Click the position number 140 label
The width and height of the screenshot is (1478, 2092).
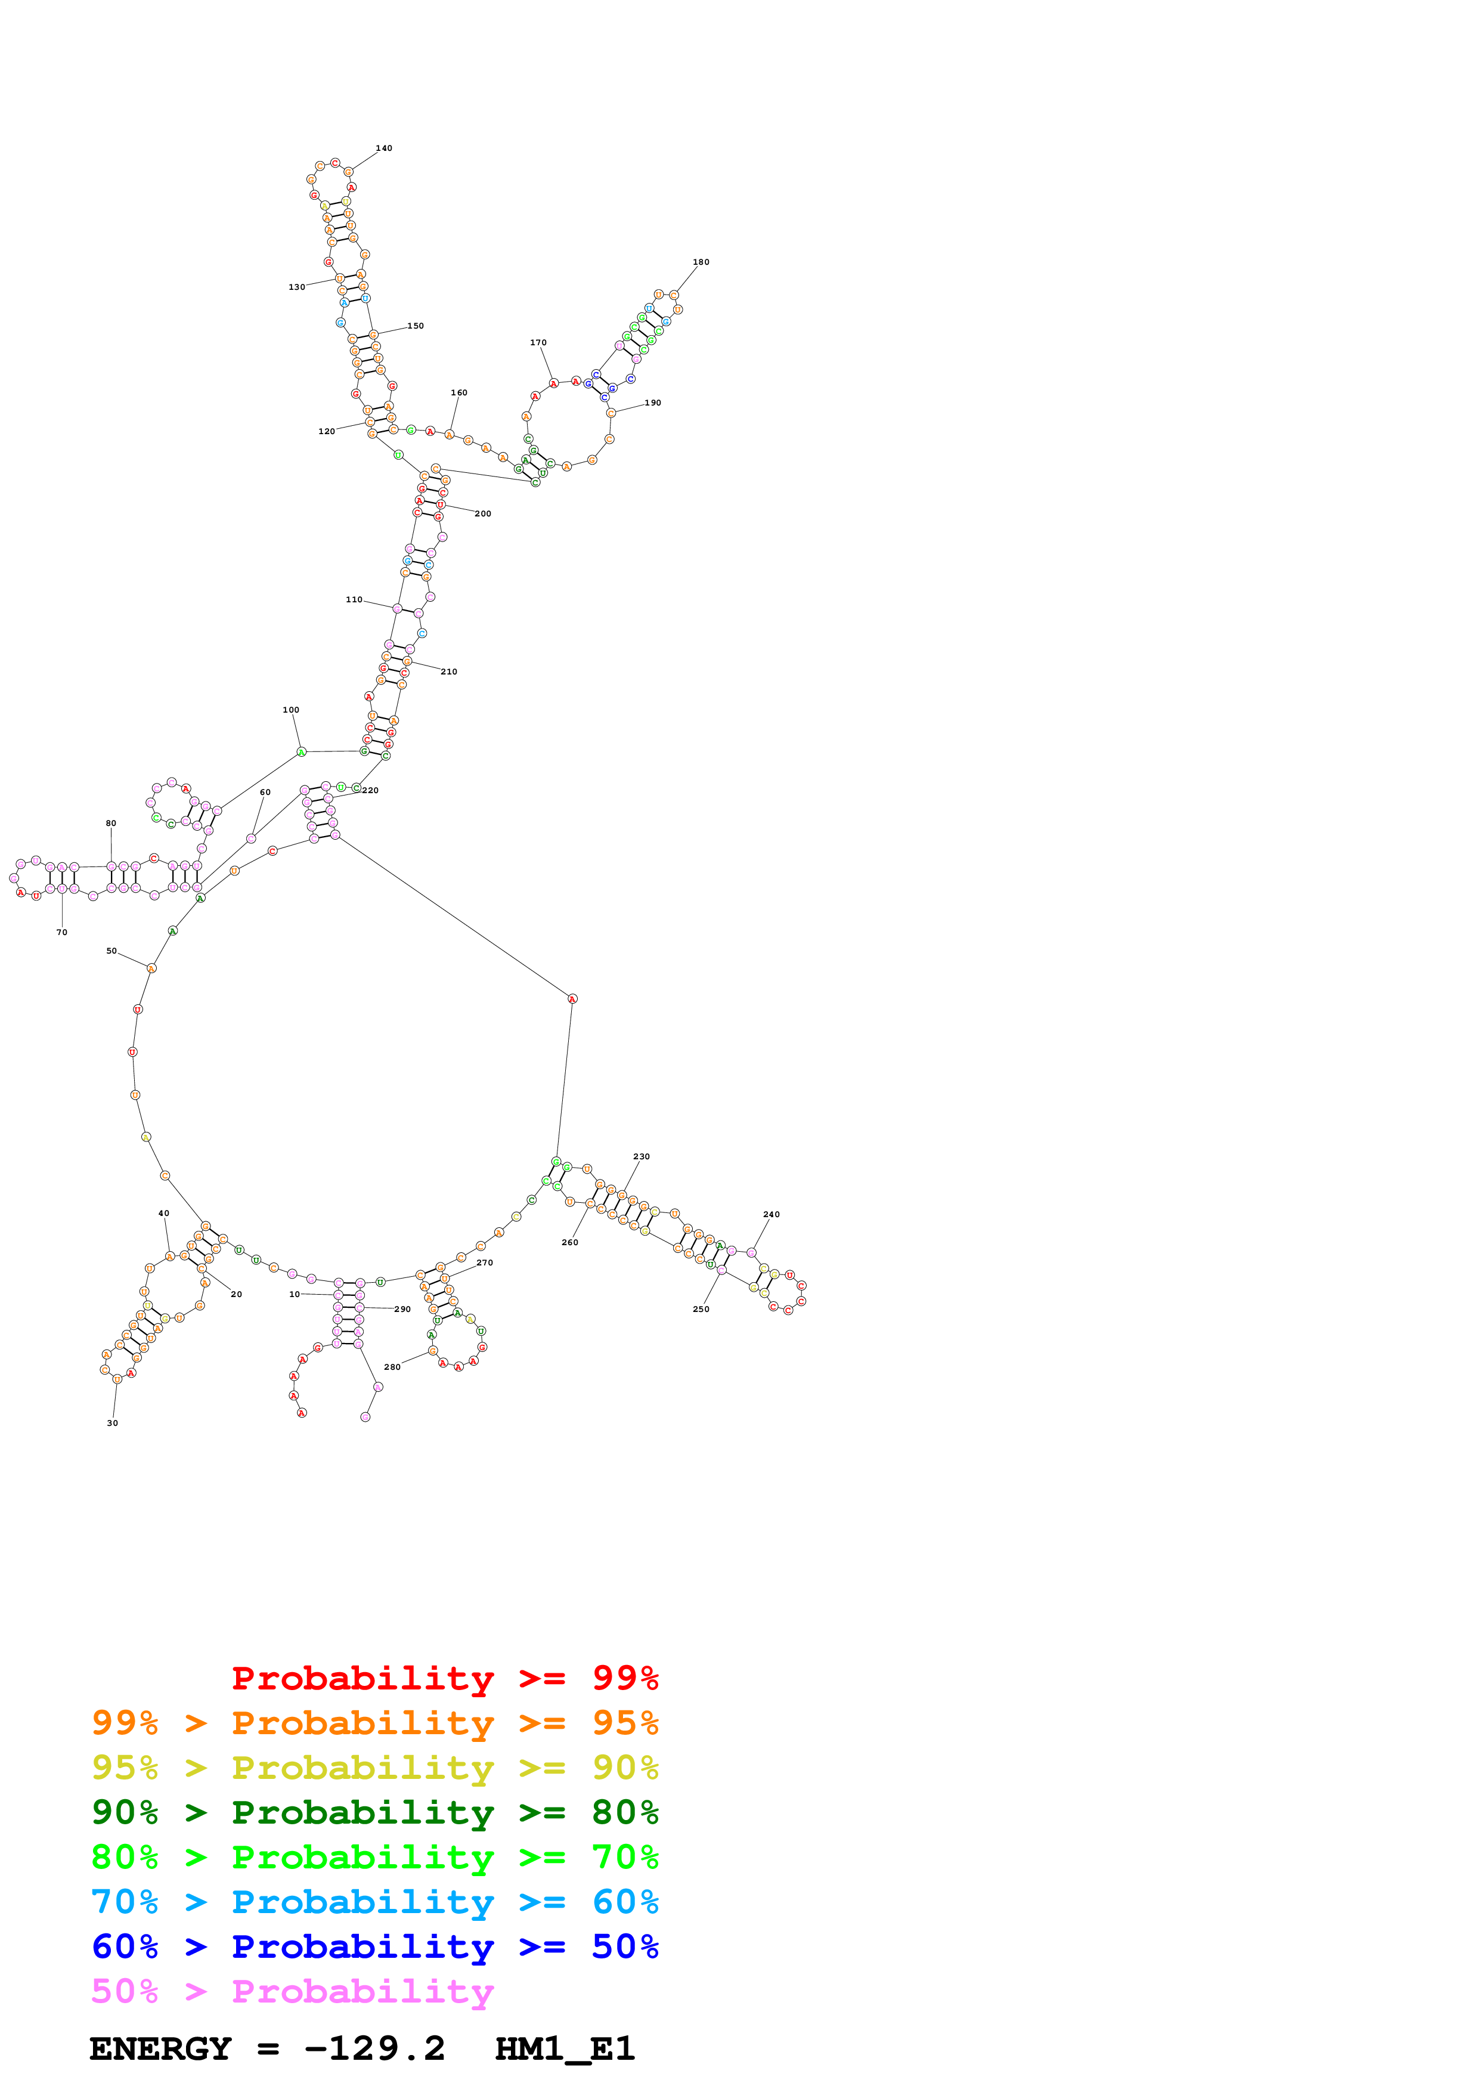pyautogui.click(x=383, y=148)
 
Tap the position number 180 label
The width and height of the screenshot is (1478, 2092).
pyautogui.click(x=701, y=262)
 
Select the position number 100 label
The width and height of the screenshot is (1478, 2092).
pyautogui.click(x=290, y=710)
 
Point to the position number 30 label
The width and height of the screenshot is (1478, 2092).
pyautogui.click(x=112, y=1422)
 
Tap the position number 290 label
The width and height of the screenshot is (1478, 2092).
pyautogui.click(x=402, y=1310)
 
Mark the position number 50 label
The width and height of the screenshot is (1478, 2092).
pyautogui.click(x=111, y=951)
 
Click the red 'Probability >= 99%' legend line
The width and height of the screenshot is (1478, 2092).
pyautogui.click(x=444, y=1678)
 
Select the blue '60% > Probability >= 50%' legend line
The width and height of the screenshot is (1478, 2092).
pyautogui.click(x=374, y=1946)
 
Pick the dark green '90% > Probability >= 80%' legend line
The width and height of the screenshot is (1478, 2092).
pyautogui.click(x=374, y=1812)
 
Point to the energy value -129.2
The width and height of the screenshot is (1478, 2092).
pyautogui.click(x=374, y=2049)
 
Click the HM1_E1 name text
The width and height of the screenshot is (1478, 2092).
pyautogui.click(x=565, y=2049)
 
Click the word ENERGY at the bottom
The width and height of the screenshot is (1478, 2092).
pyautogui.click(x=160, y=2049)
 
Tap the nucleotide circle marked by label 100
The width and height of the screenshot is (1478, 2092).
pyautogui.click(x=302, y=751)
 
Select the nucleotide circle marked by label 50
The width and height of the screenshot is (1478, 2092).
pyautogui.click(x=151, y=968)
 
